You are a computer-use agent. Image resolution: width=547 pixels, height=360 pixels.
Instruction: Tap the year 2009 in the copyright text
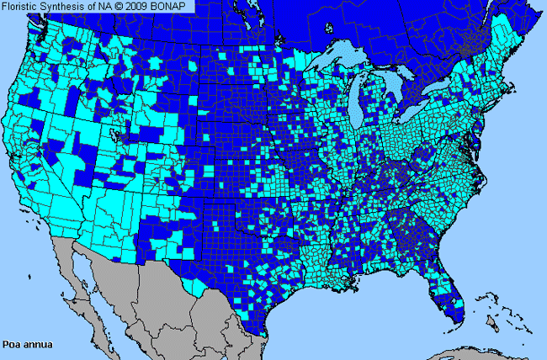tap(140, 6)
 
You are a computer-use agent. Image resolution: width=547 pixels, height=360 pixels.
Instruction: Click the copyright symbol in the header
tap(120, 6)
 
